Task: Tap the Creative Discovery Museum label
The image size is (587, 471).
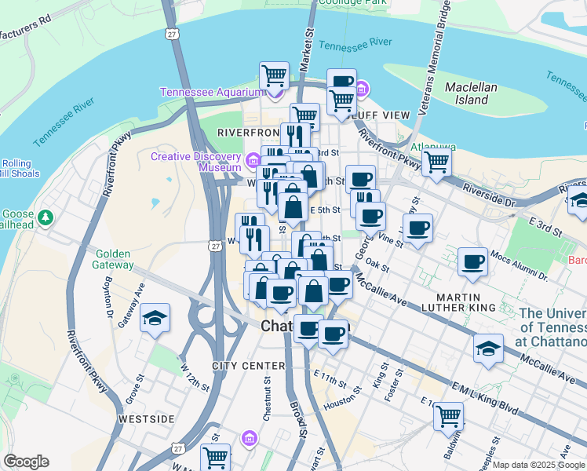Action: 196,162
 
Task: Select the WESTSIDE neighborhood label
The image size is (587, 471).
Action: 146,419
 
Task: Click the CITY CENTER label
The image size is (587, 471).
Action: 248,367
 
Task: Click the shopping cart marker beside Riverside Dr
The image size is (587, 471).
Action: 436,162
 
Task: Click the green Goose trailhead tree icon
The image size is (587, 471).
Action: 46,217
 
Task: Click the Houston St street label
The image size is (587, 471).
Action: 339,400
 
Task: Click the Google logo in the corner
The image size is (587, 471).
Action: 26,462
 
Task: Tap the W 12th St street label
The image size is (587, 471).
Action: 195,377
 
